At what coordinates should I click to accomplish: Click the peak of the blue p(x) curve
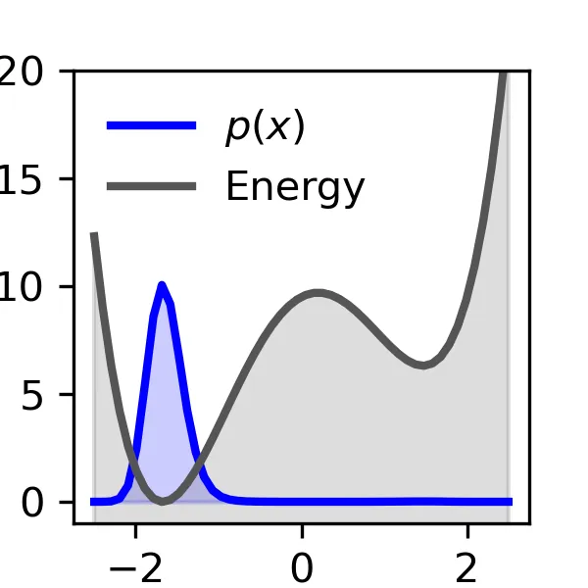pos(162,285)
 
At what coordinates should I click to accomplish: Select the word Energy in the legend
pos(295,186)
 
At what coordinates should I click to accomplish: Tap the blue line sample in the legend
pos(151,126)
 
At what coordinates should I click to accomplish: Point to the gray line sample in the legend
pos(151,184)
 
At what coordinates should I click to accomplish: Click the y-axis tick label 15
pos(33,179)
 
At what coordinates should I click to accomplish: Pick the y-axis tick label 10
pos(33,287)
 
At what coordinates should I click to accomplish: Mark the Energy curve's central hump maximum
pos(318,292)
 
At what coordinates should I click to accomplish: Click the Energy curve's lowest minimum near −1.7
pos(163,502)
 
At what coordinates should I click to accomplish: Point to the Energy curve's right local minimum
pos(423,366)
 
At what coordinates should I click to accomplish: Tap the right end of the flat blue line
pos(511,502)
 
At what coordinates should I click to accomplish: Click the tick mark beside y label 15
pos(69,179)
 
